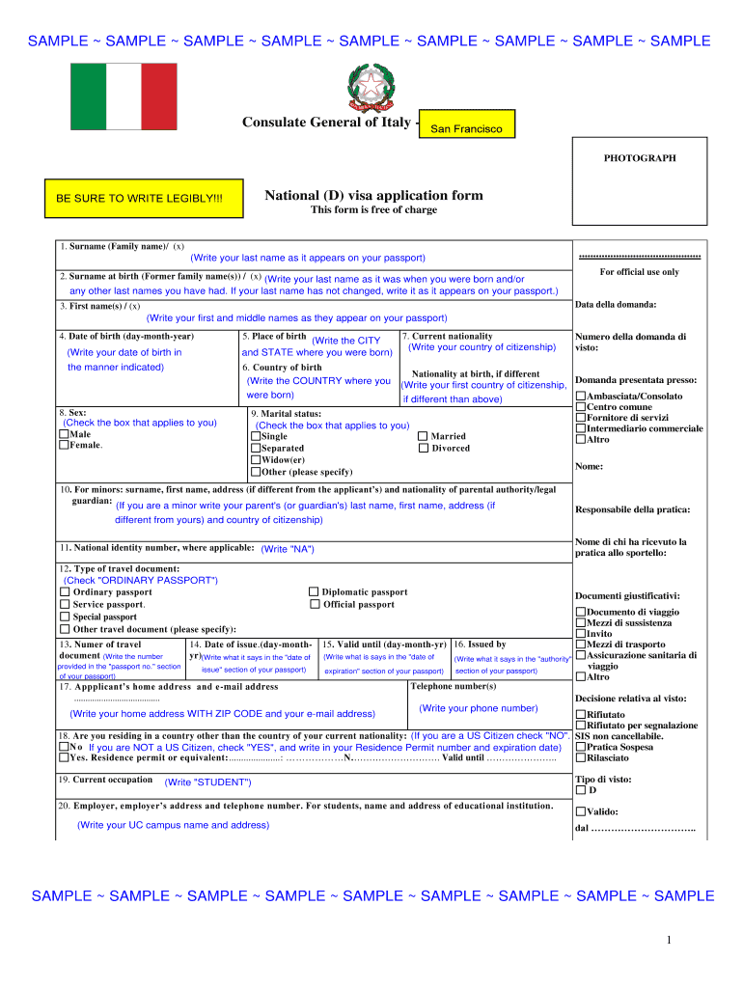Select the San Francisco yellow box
[x=466, y=128]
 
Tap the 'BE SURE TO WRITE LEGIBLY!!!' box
[x=139, y=198]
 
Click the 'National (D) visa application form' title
[x=373, y=196]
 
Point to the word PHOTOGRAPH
[x=640, y=158]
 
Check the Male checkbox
[x=64, y=435]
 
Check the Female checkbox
[x=64, y=446]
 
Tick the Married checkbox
[x=423, y=436]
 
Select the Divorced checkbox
[x=423, y=448]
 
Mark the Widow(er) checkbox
[x=255, y=460]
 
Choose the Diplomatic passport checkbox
[x=314, y=592]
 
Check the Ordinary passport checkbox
[x=65, y=592]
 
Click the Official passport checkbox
[x=314, y=605]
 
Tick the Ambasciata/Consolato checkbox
[x=580, y=397]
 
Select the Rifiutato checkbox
[x=580, y=715]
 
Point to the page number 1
[x=667, y=940]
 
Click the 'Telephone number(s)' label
[x=454, y=686]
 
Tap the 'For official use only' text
[x=639, y=272]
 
